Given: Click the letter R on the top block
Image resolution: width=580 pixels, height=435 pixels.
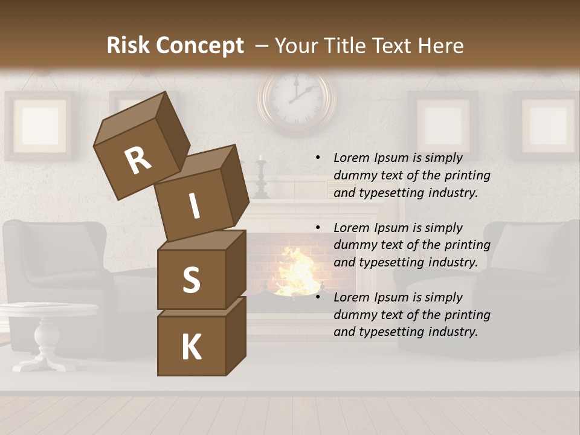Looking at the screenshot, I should [x=138, y=160].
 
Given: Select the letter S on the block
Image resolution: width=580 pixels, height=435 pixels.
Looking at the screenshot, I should [x=191, y=280].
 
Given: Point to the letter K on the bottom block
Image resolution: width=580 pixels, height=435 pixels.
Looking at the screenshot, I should [x=191, y=347].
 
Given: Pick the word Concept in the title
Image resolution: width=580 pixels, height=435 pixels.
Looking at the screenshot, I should [x=199, y=46].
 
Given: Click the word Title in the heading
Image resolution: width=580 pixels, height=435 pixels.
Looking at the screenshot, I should [x=344, y=45].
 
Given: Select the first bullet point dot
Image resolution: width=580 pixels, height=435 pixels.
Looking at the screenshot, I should [x=317, y=158].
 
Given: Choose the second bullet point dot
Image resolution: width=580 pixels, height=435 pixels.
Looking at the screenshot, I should [x=317, y=228].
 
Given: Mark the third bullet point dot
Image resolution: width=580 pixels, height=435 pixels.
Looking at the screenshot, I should [x=317, y=297].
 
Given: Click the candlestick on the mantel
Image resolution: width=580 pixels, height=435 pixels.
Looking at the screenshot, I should [x=261, y=178].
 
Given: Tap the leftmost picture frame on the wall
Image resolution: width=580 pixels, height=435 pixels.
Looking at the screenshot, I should [x=40, y=126].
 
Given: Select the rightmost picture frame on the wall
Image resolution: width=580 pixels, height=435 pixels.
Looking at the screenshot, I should [x=547, y=126].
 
